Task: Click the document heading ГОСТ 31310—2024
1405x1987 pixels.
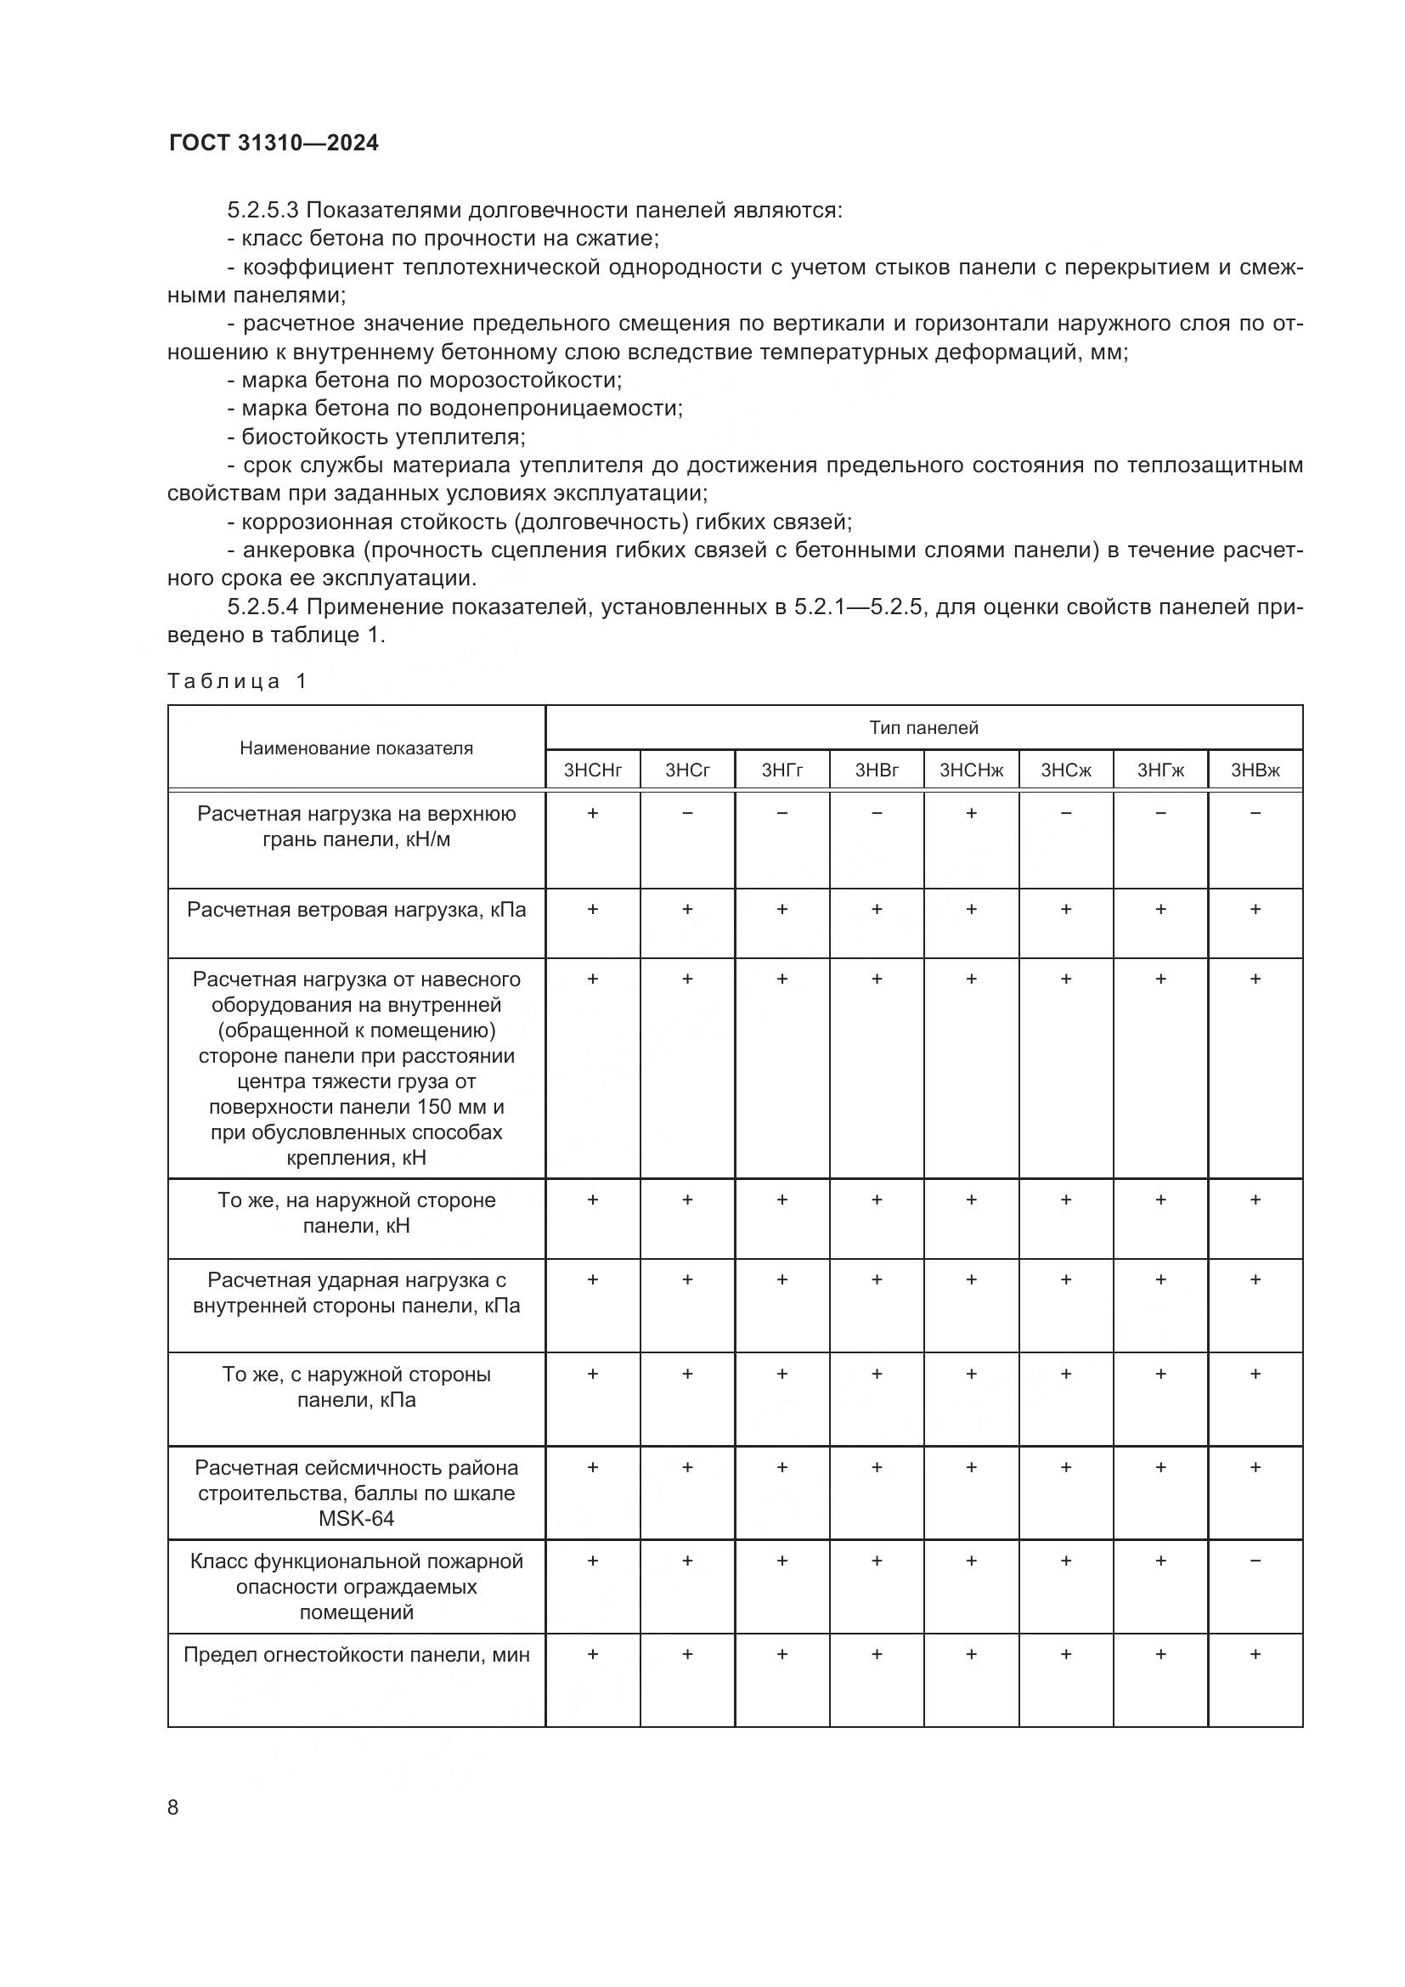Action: pyautogui.click(x=274, y=144)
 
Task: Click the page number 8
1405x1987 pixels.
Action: pyautogui.click(x=173, y=1807)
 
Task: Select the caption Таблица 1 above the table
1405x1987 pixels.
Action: pyautogui.click(x=237, y=681)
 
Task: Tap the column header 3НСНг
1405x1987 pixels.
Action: pyautogui.click(x=593, y=771)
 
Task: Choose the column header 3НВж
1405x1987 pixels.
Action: pyautogui.click(x=1255, y=771)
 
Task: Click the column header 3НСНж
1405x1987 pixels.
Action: pyautogui.click(x=971, y=771)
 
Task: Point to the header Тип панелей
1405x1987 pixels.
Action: pyautogui.click(x=923, y=728)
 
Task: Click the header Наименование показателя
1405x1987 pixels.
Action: pyautogui.click(x=356, y=748)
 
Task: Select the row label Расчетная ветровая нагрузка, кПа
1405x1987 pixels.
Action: pyautogui.click(x=356, y=910)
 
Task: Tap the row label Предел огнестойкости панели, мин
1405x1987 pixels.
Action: pyautogui.click(x=356, y=1655)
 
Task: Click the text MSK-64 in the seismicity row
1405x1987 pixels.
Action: pyautogui.click(x=356, y=1518)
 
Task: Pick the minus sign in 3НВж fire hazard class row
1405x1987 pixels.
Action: pyautogui.click(x=1255, y=1561)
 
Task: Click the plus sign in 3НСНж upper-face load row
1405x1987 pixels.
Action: pyautogui.click(x=971, y=814)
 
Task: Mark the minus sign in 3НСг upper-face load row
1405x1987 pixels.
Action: pyautogui.click(x=687, y=814)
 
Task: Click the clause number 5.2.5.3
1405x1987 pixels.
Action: pyautogui.click(x=263, y=211)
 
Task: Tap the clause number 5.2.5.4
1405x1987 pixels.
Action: pyautogui.click(x=263, y=607)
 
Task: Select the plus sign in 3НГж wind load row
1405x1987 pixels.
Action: pyautogui.click(x=1160, y=910)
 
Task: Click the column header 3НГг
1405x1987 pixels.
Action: pyautogui.click(x=781, y=771)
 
